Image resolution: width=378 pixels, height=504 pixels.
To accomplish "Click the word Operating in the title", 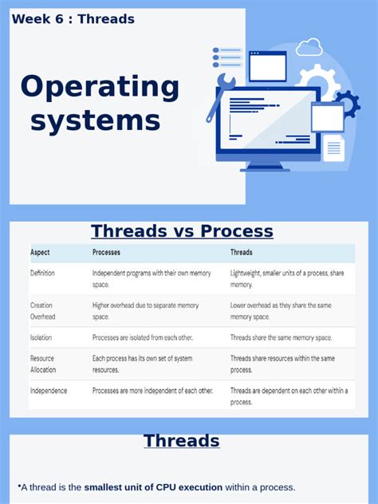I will (x=100, y=87).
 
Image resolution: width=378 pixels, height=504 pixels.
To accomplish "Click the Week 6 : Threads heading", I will (x=73, y=18).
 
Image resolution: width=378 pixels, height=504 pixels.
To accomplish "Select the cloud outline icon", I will (x=309, y=47).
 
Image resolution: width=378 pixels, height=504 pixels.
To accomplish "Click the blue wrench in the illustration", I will (x=220, y=95).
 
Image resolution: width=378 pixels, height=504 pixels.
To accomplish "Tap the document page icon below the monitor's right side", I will (x=334, y=148).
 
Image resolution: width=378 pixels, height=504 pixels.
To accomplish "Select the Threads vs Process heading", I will (x=182, y=231).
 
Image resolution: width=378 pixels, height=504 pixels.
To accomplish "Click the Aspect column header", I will (x=40, y=253).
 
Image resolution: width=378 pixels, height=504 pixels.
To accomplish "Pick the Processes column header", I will (x=107, y=253).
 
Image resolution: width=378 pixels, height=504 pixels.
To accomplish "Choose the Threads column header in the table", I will (x=242, y=253).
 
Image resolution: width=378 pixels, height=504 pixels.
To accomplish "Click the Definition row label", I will (x=43, y=273).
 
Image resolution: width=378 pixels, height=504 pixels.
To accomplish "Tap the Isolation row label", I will (x=41, y=337).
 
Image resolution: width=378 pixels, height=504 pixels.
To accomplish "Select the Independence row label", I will (x=49, y=391).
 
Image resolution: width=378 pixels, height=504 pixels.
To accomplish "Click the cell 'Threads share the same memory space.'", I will (x=282, y=337).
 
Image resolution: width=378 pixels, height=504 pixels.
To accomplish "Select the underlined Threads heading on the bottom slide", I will (x=181, y=440).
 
